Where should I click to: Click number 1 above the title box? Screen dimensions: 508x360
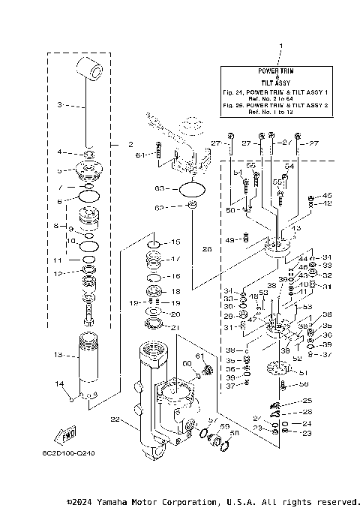pos(280,47)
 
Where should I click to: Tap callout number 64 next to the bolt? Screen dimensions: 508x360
pos(140,155)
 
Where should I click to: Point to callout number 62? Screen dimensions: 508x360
pos(159,208)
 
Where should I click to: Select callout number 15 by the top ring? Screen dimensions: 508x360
pos(175,242)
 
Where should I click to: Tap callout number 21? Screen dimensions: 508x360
pos(175,327)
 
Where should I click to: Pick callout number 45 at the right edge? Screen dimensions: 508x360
pos(327,194)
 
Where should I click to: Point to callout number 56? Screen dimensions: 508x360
pos(304,384)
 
